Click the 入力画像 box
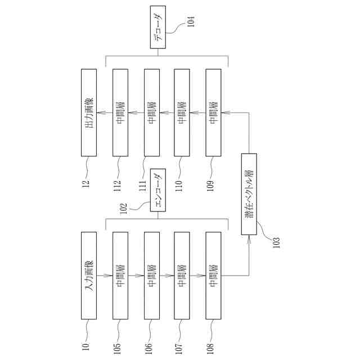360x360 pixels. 89,275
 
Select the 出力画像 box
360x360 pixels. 89,112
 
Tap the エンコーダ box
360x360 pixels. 158,191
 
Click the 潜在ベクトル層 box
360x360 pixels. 248,193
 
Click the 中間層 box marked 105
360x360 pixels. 120,275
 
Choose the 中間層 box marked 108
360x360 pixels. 213,275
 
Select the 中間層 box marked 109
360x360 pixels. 213,112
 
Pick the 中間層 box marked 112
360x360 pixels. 120,112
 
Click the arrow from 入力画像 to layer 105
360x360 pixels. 105,276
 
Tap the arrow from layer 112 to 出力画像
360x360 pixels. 105,113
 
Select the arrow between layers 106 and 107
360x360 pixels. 166,276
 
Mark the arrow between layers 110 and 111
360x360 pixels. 166,113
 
